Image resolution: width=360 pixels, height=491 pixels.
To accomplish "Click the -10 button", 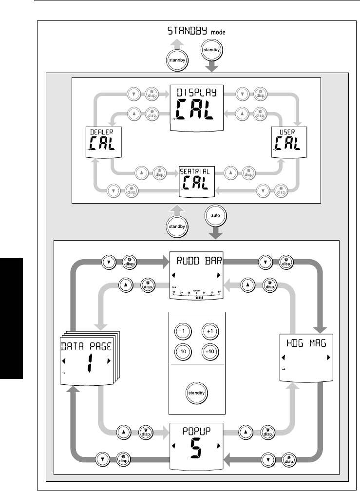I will [182, 352].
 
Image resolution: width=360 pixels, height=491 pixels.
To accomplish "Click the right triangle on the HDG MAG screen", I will [328, 358].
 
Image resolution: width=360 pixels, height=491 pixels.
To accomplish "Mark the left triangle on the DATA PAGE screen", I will [64, 361].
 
